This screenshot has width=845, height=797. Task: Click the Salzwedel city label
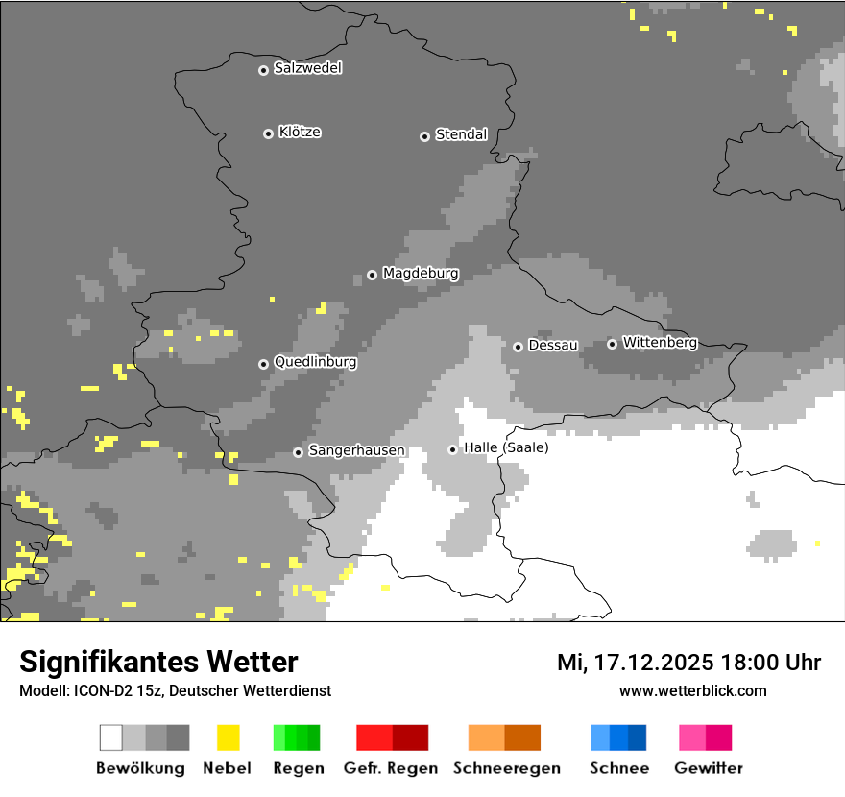pyautogui.click(x=307, y=68)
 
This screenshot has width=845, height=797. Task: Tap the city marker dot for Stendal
pyautogui.click(x=424, y=136)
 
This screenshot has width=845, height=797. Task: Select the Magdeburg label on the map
pyautogui.click(x=421, y=274)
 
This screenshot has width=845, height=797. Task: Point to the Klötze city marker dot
pyautogui.click(x=268, y=133)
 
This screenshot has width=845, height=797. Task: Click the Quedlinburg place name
pyautogui.click(x=315, y=362)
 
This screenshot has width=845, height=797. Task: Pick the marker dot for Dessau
pyautogui.click(x=518, y=347)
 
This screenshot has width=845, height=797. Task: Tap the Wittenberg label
pyautogui.click(x=660, y=342)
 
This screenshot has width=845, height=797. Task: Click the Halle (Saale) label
pyautogui.click(x=506, y=447)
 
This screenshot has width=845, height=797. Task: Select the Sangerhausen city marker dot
pyautogui.click(x=298, y=452)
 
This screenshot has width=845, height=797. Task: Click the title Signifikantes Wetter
pyautogui.click(x=158, y=662)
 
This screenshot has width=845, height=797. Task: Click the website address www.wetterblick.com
pyautogui.click(x=692, y=691)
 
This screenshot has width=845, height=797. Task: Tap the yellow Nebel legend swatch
pyautogui.click(x=228, y=737)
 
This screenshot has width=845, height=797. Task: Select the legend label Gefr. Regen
pyautogui.click(x=391, y=768)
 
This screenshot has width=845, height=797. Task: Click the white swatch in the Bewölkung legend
pyautogui.click(x=111, y=737)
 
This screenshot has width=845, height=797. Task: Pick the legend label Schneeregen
pyautogui.click(x=506, y=768)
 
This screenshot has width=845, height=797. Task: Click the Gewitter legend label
pyautogui.click(x=709, y=768)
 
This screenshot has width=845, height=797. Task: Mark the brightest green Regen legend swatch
pyautogui.click(x=279, y=737)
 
